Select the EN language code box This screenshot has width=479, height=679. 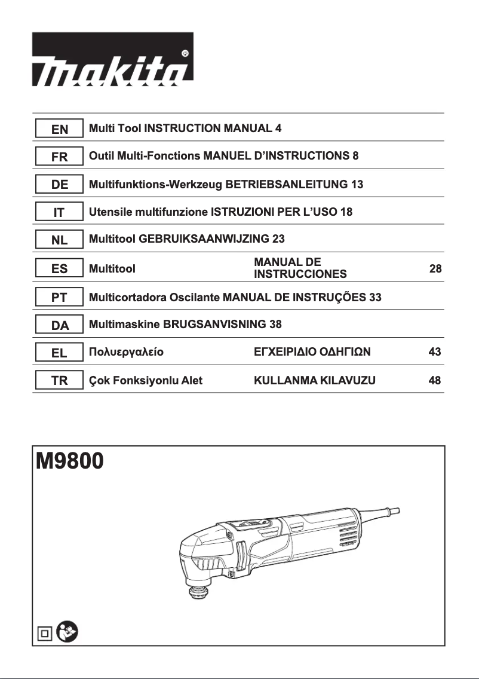59,129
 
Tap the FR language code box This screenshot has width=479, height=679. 59,157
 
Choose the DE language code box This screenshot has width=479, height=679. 59,185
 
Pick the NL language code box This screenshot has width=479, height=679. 59,240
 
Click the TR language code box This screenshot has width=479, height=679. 59,380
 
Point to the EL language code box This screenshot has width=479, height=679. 59,352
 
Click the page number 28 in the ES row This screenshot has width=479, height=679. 435,269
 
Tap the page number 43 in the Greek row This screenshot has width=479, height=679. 435,352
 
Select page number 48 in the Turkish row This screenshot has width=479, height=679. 435,380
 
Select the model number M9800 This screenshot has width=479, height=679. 70,461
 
